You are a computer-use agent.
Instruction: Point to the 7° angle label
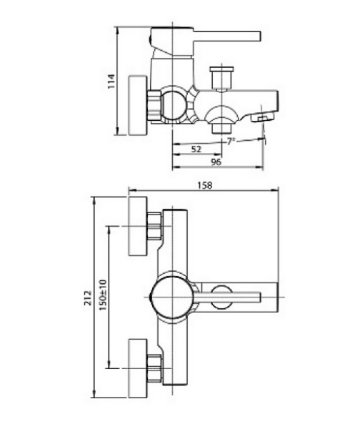pos(231,141)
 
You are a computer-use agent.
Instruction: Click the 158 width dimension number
pos(204,184)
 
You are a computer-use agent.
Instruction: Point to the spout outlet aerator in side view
pos(265,115)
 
